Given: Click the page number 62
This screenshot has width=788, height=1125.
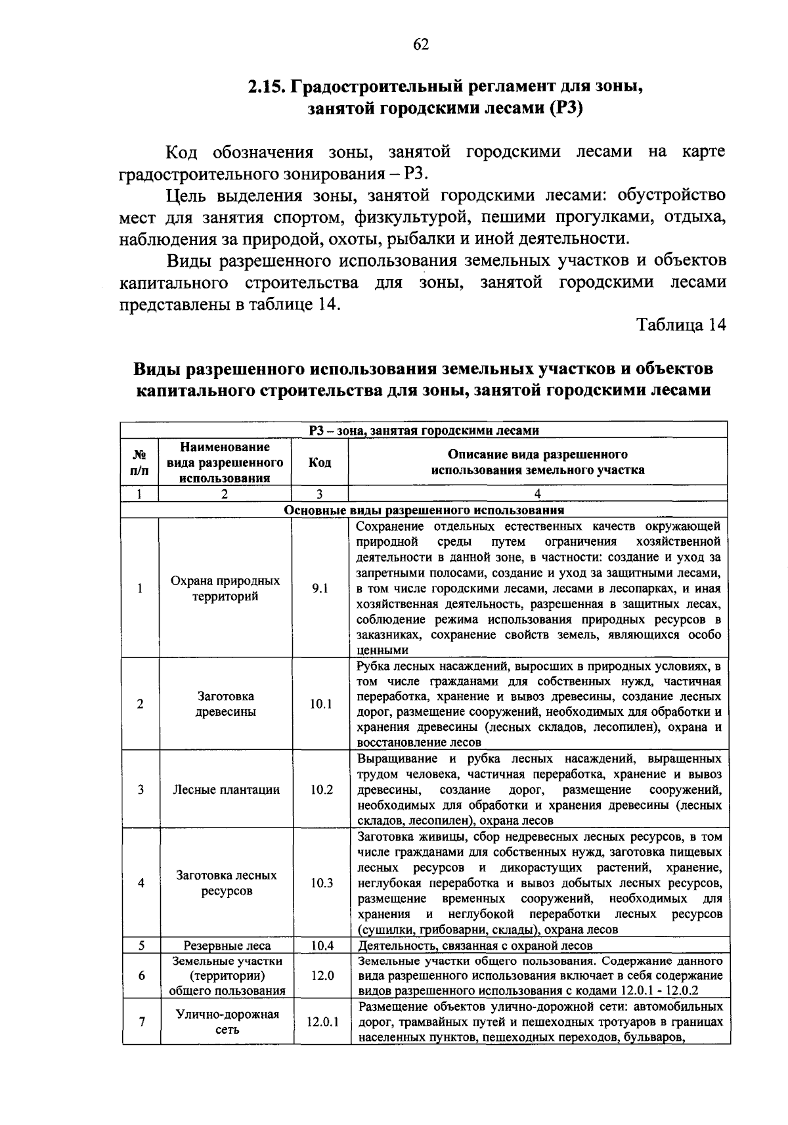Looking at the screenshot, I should (x=420, y=44).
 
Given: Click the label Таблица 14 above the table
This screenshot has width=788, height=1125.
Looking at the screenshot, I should (x=682, y=325).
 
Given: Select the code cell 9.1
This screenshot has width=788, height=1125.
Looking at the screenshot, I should (x=320, y=588).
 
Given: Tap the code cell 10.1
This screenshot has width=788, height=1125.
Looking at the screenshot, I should (x=320, y=704).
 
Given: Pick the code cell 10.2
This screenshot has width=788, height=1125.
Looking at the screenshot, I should (x=320, y=789).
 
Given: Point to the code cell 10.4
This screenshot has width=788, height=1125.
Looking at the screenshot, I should (x=320, y=945).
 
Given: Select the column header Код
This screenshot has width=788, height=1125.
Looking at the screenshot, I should (x=320, y=462).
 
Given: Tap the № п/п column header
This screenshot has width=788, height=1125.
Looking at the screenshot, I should (x=141, y=462).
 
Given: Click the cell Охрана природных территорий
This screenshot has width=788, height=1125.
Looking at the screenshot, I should (x=225, y=588).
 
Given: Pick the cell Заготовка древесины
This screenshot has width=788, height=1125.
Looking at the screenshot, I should (x=225, y=704).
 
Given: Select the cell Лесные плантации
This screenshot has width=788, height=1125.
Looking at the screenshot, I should (x=225, y=789).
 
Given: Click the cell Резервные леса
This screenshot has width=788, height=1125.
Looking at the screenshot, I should (x=225, y=945).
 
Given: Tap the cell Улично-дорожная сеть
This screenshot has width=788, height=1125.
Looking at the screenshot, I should (x=225, y=1022).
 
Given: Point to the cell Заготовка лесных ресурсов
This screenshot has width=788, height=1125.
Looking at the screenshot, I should (x=225, y=883).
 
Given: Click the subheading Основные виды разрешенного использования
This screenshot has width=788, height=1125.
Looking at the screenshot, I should (x=424, y=510).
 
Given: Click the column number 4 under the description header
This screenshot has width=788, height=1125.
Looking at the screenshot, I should (x=537, y=494).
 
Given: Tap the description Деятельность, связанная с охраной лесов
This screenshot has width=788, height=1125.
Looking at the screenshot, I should (x=475, y=945).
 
